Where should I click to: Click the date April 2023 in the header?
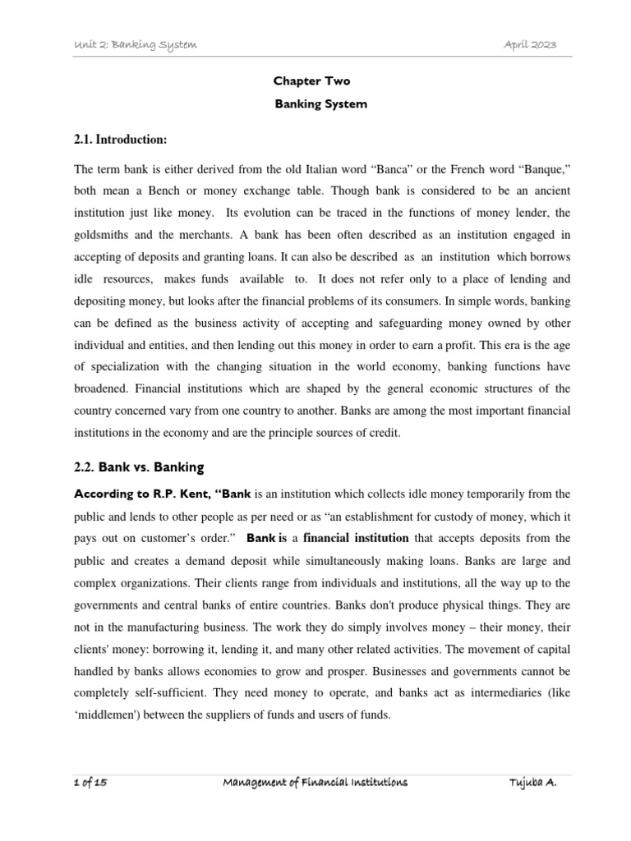click(530, 44)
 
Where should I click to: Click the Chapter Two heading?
click(311, 81)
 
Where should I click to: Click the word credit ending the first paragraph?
click(385, 433)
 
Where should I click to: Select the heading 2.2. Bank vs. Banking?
click(138, 467)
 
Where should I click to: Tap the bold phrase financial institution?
click(357, 539)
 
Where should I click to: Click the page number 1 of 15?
click(89, 784)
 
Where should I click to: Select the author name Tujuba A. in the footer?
click(533, 784)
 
